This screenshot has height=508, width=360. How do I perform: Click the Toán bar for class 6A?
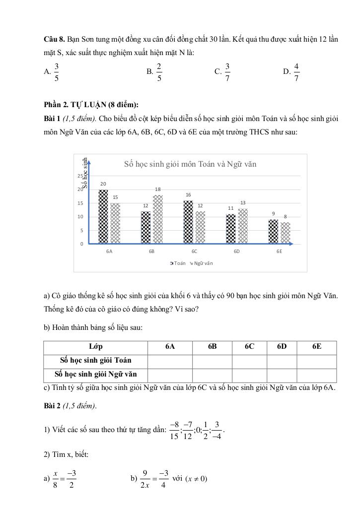[x=103, y=217]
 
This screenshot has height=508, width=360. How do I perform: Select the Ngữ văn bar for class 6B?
[x=157, y=219]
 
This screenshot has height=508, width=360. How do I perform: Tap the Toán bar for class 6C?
[x=188, y=222]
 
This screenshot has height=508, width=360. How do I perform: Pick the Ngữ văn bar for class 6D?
[x=243, y=226]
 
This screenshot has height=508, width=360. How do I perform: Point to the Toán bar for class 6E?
[x=274, y=232]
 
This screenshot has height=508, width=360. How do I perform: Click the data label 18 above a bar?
[x=158, y=190]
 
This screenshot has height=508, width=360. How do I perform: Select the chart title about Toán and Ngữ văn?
[x=190, y=164]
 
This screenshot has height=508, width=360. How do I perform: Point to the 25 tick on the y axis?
[x=80, y=176]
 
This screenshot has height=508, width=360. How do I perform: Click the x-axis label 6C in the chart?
[x=194, y=252]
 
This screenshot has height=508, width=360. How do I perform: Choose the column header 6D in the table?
[x=282, y=347]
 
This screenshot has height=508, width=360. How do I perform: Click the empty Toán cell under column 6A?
[x=170, y=361]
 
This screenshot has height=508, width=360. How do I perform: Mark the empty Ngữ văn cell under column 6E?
[x=317, y=375]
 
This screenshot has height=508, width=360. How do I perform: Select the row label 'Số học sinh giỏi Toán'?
[x=96, y=361]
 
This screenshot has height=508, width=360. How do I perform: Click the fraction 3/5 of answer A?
[x=57, y=72]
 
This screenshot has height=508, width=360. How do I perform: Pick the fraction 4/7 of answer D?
[x=296, y=72]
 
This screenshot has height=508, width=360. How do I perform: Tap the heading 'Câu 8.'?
[x=54, y=38]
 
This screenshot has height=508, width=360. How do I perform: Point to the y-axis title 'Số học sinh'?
[x=85, y=173]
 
